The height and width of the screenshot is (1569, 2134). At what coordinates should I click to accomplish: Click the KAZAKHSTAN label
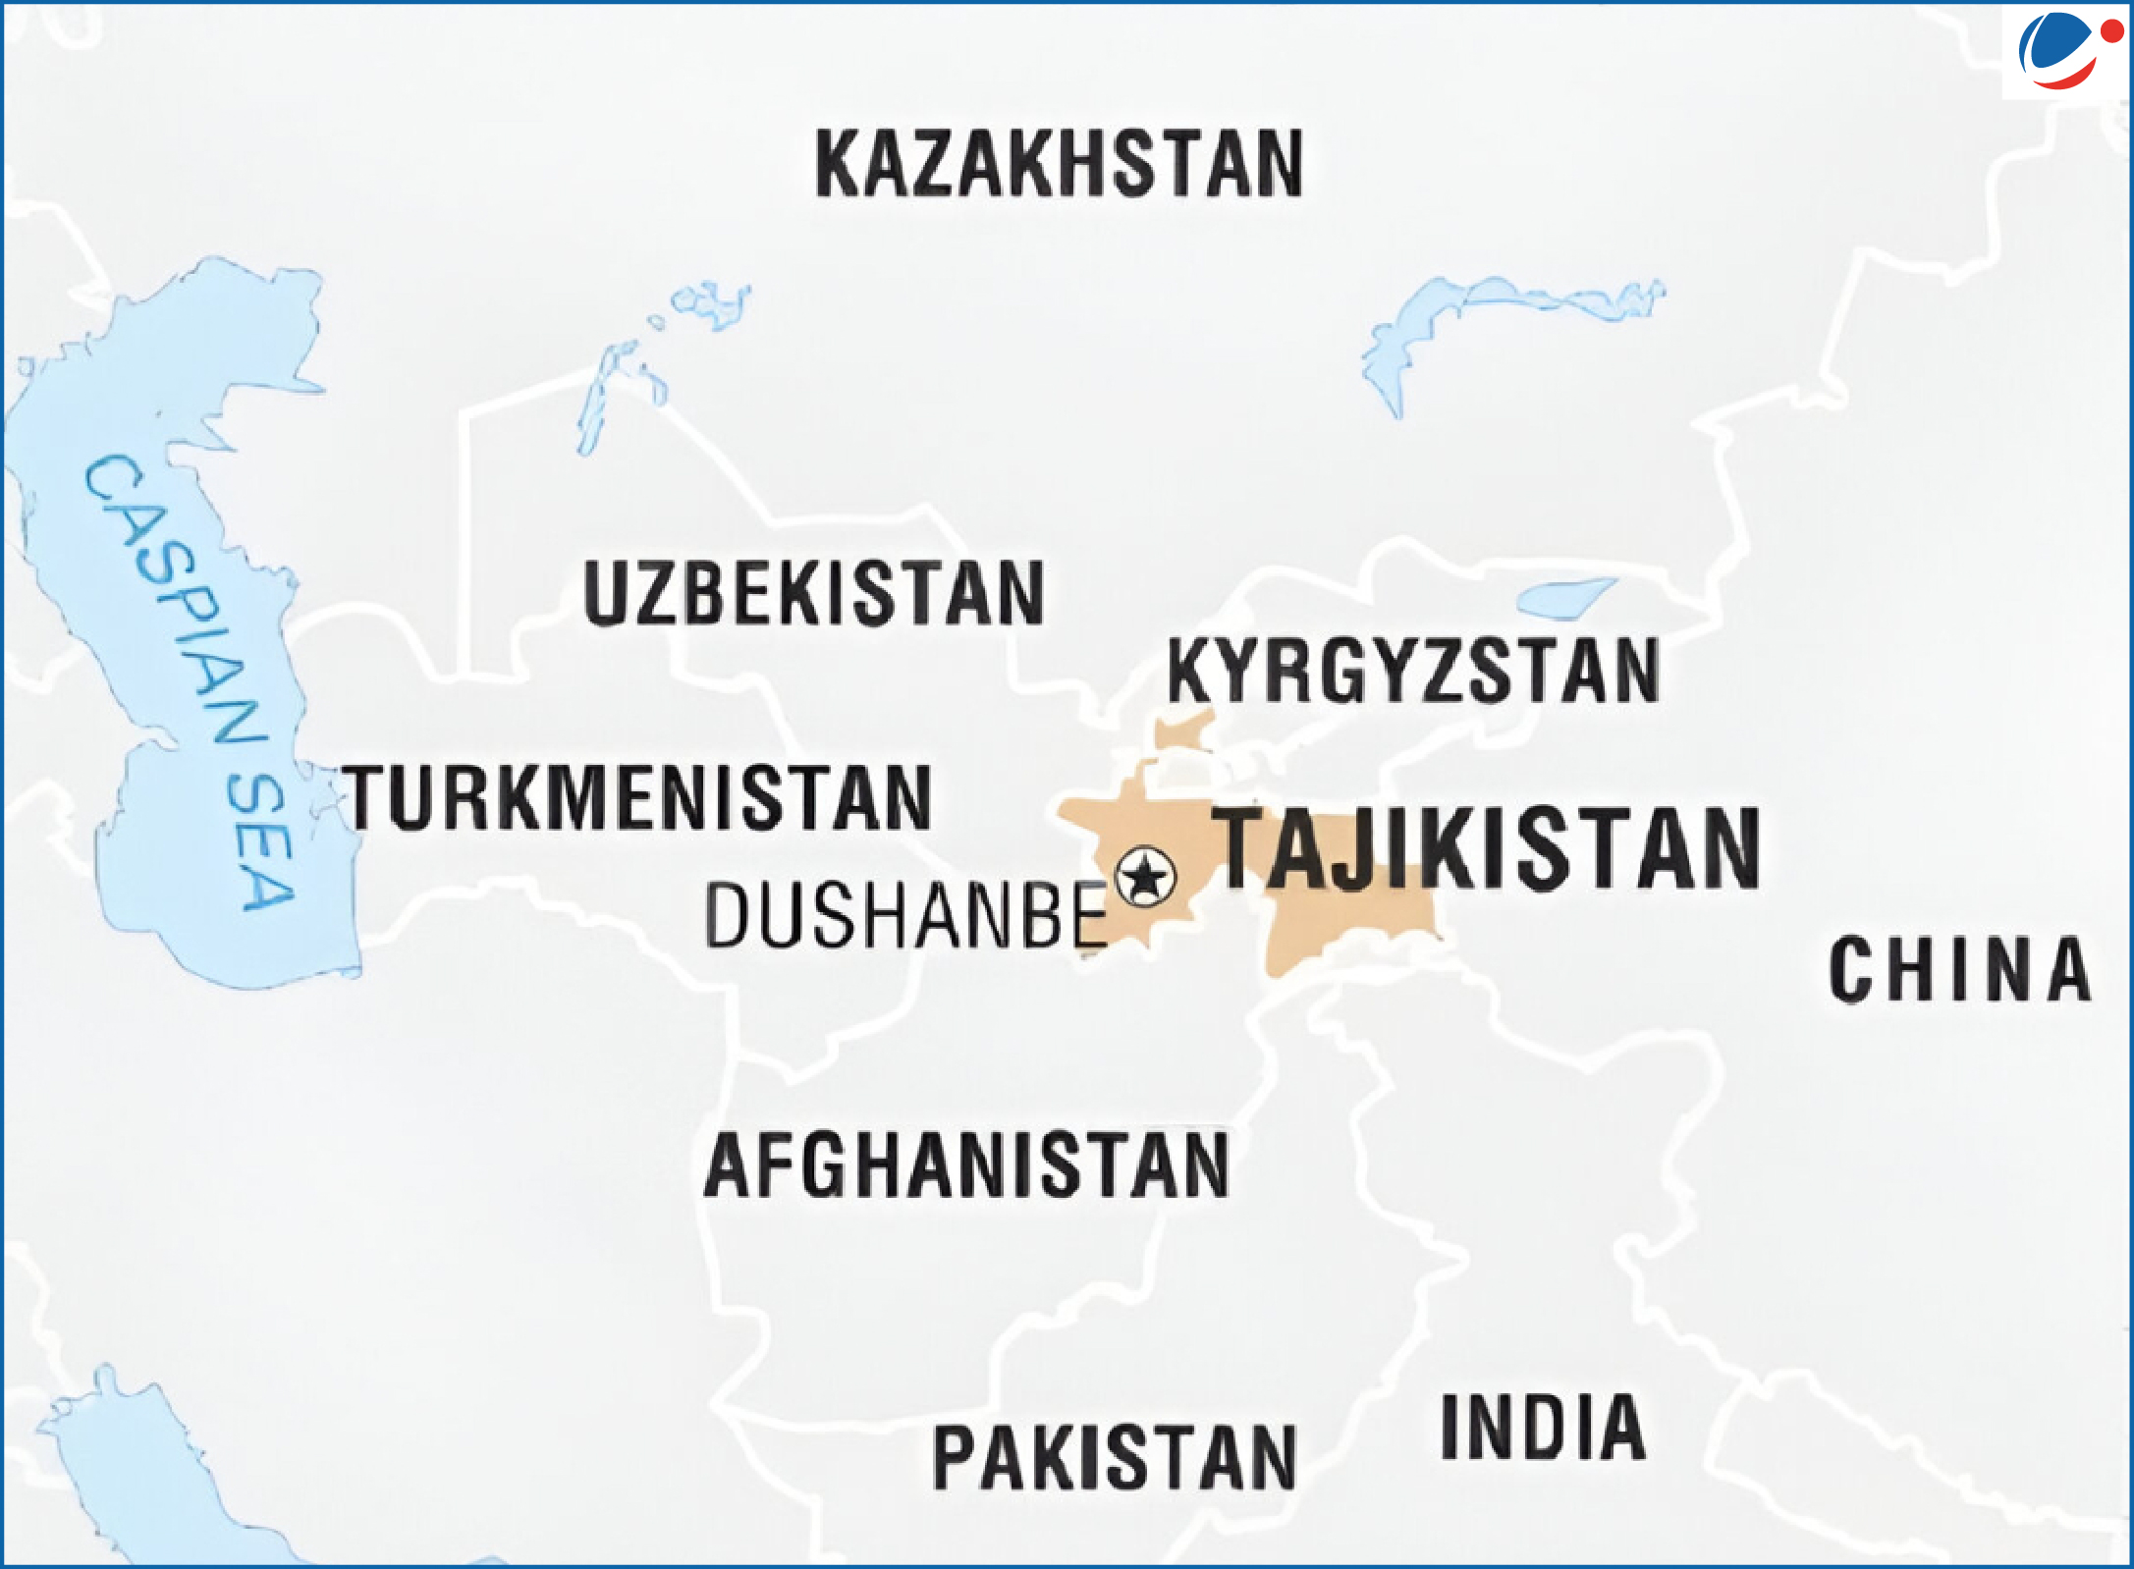pos(1059,163)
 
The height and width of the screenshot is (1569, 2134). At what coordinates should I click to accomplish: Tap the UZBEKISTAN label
pos(813,594)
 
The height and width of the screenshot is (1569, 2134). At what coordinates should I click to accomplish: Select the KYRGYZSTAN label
pos(1412,671)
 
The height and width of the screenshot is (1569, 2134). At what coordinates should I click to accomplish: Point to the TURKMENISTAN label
pos(636,797)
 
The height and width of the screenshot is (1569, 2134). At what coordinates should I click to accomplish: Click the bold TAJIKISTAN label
pos(1487,849)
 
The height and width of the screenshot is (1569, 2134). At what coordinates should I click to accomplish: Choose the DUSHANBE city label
pos(905,916)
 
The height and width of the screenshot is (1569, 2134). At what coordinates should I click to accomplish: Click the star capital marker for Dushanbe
pos(1145,875)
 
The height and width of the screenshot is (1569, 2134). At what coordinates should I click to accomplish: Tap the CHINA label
pos(1959,969)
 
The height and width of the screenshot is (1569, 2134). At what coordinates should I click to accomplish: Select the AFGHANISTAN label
pos(966,1164)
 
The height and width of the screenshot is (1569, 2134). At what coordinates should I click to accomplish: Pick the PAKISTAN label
pos(1114,1458)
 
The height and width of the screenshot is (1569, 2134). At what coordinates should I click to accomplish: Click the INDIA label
pos(1543,1427)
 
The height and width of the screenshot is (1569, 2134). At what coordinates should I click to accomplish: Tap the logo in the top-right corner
pos(2062,51)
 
